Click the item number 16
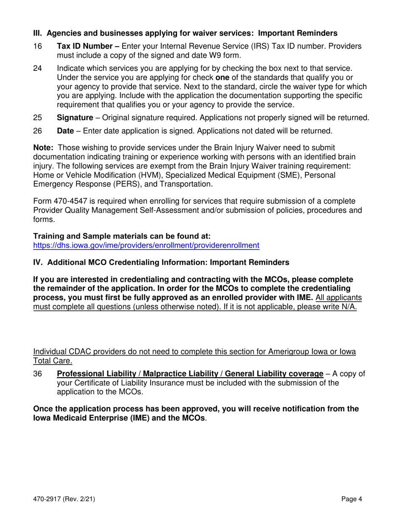tap(37, 47)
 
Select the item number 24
tap(37, 69)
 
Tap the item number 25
tap(37, 118)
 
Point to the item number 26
tap(37, 131)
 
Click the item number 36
tap(37, 374)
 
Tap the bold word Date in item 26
tap(65, 131)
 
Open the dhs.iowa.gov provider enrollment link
tap(146, 245)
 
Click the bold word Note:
tap(43, 148)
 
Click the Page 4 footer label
tap(352, 500)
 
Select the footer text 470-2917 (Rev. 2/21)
tap(64, 500)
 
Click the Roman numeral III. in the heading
tap(38, 33)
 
